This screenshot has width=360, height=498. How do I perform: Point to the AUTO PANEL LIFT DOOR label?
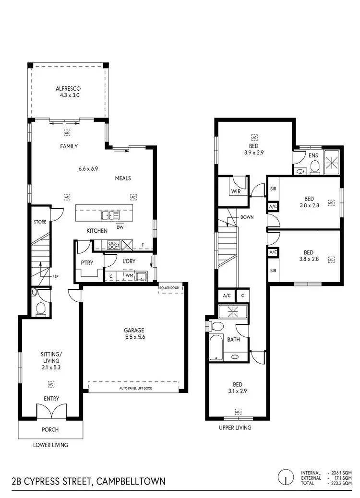[134, 388]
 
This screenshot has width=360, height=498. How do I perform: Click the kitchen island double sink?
[110, 215]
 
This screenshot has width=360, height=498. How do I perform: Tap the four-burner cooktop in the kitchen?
[114, 245]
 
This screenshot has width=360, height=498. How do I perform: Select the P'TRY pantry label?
[86, 263]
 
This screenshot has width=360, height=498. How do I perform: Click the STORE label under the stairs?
[40, 222]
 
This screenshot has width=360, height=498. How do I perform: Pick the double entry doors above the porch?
[51, 411]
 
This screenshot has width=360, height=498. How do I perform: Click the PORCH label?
[50, 429]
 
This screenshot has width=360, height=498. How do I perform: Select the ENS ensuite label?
[313, 155]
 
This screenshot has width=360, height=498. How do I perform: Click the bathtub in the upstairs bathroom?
[216, 347]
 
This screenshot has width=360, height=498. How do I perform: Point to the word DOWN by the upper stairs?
[247, 217]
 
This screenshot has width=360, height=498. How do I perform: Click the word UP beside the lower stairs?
[56, 277]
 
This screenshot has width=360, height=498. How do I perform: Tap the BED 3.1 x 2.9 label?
[238, 388]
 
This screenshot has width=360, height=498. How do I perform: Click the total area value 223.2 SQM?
[342, 483]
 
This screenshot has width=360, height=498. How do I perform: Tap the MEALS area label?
[123, 178]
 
